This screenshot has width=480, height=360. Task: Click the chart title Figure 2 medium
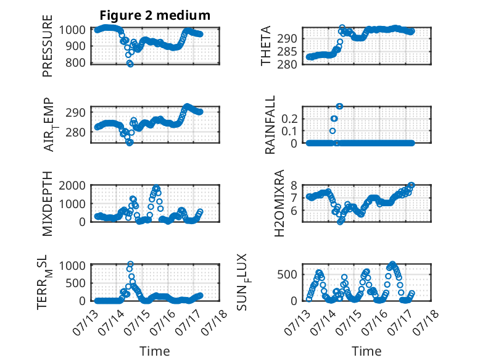155,15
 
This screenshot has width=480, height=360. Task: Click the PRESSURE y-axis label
48,46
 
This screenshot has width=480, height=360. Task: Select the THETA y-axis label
266,46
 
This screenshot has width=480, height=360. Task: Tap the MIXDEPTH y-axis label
48,204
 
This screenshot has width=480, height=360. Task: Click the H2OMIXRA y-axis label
279,203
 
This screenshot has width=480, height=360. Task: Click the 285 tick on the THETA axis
287,51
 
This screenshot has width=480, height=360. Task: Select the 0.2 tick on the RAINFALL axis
289,119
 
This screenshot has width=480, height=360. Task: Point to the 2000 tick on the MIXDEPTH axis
72,185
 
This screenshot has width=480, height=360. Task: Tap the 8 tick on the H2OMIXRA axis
294,185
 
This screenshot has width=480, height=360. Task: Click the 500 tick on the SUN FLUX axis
287,274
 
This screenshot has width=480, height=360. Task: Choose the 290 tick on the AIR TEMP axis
76,112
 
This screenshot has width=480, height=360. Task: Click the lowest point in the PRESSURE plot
130,64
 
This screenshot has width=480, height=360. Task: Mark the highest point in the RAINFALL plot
339,106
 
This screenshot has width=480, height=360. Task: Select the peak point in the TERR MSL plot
130,264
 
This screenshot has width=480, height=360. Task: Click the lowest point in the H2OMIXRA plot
340,222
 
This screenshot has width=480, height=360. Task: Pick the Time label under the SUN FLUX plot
366,351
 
